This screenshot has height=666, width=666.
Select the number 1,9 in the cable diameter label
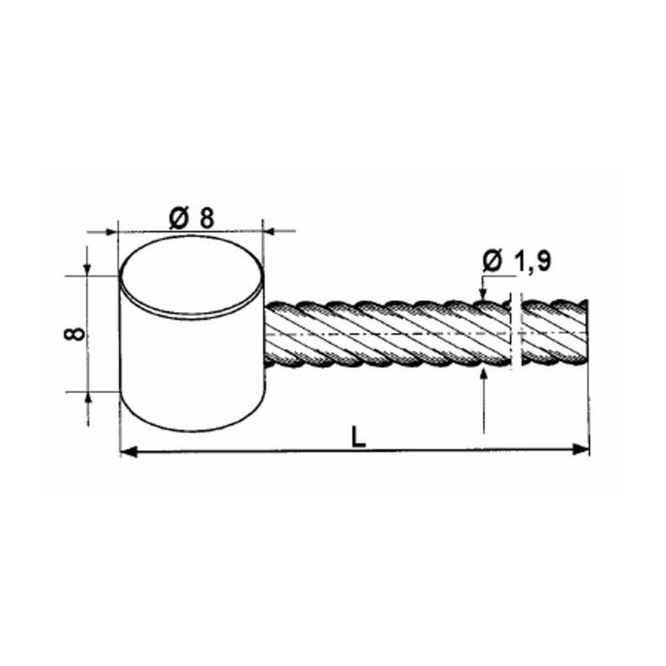click(530, 262)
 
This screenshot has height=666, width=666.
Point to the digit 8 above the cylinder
click(206, 217)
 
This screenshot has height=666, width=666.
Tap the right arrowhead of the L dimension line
click(582, 450)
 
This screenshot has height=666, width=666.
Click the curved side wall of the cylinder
click(190, 366)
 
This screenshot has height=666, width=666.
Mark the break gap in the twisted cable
click(514, 331)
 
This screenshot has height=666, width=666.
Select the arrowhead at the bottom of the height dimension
click(87, 398)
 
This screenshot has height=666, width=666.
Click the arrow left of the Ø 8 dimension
click(109, 229)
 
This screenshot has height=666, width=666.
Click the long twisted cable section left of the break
click(383, 331)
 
